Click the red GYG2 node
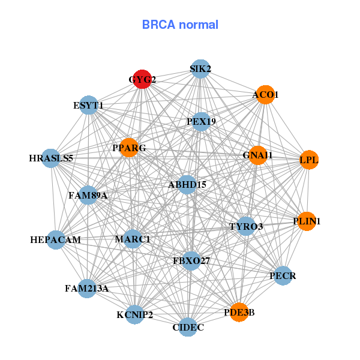tap(142, 79)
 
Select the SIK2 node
tap(200, 69)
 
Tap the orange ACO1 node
tap(265, 95)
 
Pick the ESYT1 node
tap(89, 106)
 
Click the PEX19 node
tap(201, 122)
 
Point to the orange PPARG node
tap(129, 148)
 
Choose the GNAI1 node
tap(257, 155)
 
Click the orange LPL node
tap(309, 160)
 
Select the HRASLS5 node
tap(51, 158)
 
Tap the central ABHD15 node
tap(187, 185)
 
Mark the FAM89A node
tap(88, 195)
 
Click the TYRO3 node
tap(246, 226)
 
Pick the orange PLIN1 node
tap(307, 221)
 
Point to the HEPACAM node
tap(56, 240)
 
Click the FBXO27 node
tap(191, 261)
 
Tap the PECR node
tap(283, 276)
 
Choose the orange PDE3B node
tap(239, 312)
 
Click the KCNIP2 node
tap(135, 314)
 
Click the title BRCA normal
tap(180, 25)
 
